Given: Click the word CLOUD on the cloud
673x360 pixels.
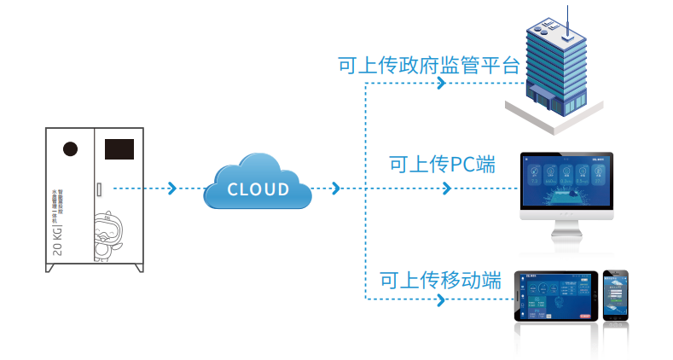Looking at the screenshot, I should click(x=258, y=189).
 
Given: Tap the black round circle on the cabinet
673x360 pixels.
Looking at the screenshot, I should click(x=71, y=149).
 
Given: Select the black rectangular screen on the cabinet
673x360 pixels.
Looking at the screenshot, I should click(x=119, y=149).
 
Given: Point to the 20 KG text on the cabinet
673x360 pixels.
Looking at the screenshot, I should click(x=57, y=236).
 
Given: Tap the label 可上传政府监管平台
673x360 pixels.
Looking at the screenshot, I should click(x=428, y=66).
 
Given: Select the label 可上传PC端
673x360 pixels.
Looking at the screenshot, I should click(x=441, y=164).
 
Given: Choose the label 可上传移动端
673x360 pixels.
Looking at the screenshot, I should click(x=439, y=280).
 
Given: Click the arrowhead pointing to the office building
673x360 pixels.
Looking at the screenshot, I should click(x=440, y=84).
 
